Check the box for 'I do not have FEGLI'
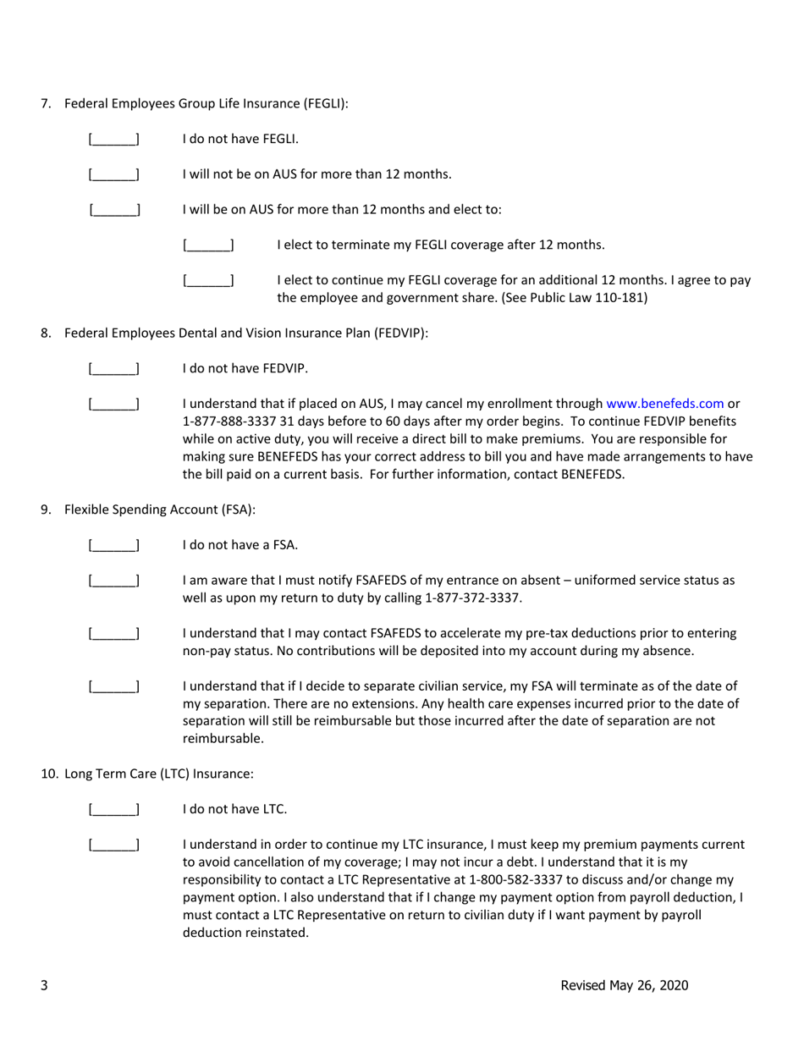pyautogui.click(x=114, y=139)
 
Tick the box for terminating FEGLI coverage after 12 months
pyautogui.click(x=208, y=245)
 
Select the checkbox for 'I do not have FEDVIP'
pyautogui.click(x=114, y=369)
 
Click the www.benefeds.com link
pyautogui.click(x=664, y=404)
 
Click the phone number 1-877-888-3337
pyautogui.click(x=224, y=421)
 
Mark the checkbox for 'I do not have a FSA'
pyautogui.click(x=114, y=545)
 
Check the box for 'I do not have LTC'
pyautogui.click(x=114, y=809)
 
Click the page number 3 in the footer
pyautogui.click(x=44, y=985)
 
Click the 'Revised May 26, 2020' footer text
pyautogui.click(x=624, y=985)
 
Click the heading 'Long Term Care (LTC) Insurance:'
pyautogui.click(x=158, y=774)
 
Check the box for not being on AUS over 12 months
pyautogui.click(x=114, y=174)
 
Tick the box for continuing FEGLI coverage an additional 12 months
pyautogui.click(x=208, y=280)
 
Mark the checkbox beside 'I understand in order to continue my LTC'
pyautogui.click(x=114, y=845)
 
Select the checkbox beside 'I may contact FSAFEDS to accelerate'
pyautogui.click(x=114, y=634)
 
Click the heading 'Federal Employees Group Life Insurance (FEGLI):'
pyautogui.click(x=206, y=104)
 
